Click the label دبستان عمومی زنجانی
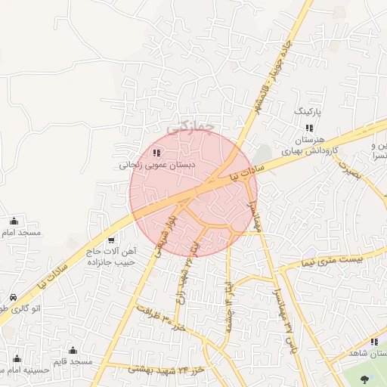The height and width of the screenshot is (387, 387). (x=157, y=163)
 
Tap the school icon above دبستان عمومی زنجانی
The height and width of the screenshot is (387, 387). (x=156, y=153)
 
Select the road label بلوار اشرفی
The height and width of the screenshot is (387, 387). (x=166, y=241)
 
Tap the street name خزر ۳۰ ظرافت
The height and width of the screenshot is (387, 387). (x=161, y=317)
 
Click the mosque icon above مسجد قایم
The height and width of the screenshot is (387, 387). (x=73, y=351)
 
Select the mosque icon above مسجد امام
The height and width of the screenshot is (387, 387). (x=14, y=221)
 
